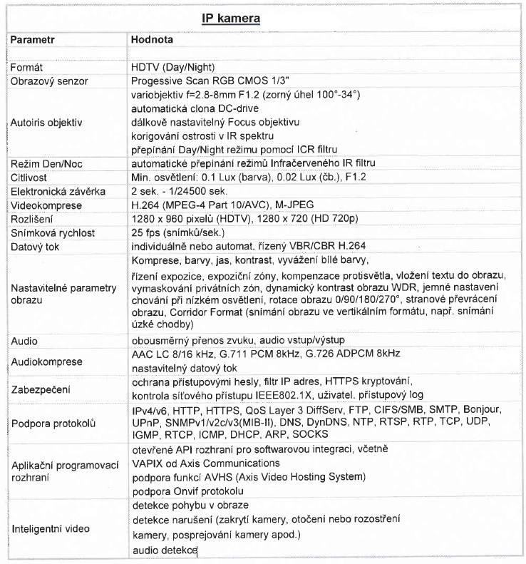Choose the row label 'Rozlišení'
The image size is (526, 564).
[30, 217]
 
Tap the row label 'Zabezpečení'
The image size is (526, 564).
[39, 390]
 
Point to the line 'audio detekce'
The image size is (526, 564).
[165, 551]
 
